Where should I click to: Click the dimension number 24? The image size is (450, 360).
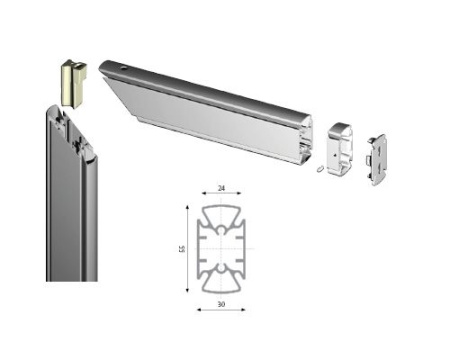pyautogui.click(x=221, y=188)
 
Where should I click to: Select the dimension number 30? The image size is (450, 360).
pyautogui.click(x=221, y=304)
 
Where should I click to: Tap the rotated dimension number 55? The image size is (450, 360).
pyautogui.click(x=182, y=249)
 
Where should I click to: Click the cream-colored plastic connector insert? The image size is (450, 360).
pyautogui.click(x=74, y=83)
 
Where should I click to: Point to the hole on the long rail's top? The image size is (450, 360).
pyautogui.click(x=124, y=68)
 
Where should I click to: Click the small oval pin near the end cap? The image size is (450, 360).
pyautogui.click(x=320, y=169)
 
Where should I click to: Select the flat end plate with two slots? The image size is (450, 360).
pyautogui.click(x=377, y=160)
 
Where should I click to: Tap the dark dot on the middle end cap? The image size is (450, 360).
pyautogui.click(x=334, y=155)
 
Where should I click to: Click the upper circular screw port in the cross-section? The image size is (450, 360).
pyautogui.click(x=222, y=230)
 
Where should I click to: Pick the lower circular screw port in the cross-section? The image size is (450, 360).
pyautogui.click(x=222, y=268)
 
